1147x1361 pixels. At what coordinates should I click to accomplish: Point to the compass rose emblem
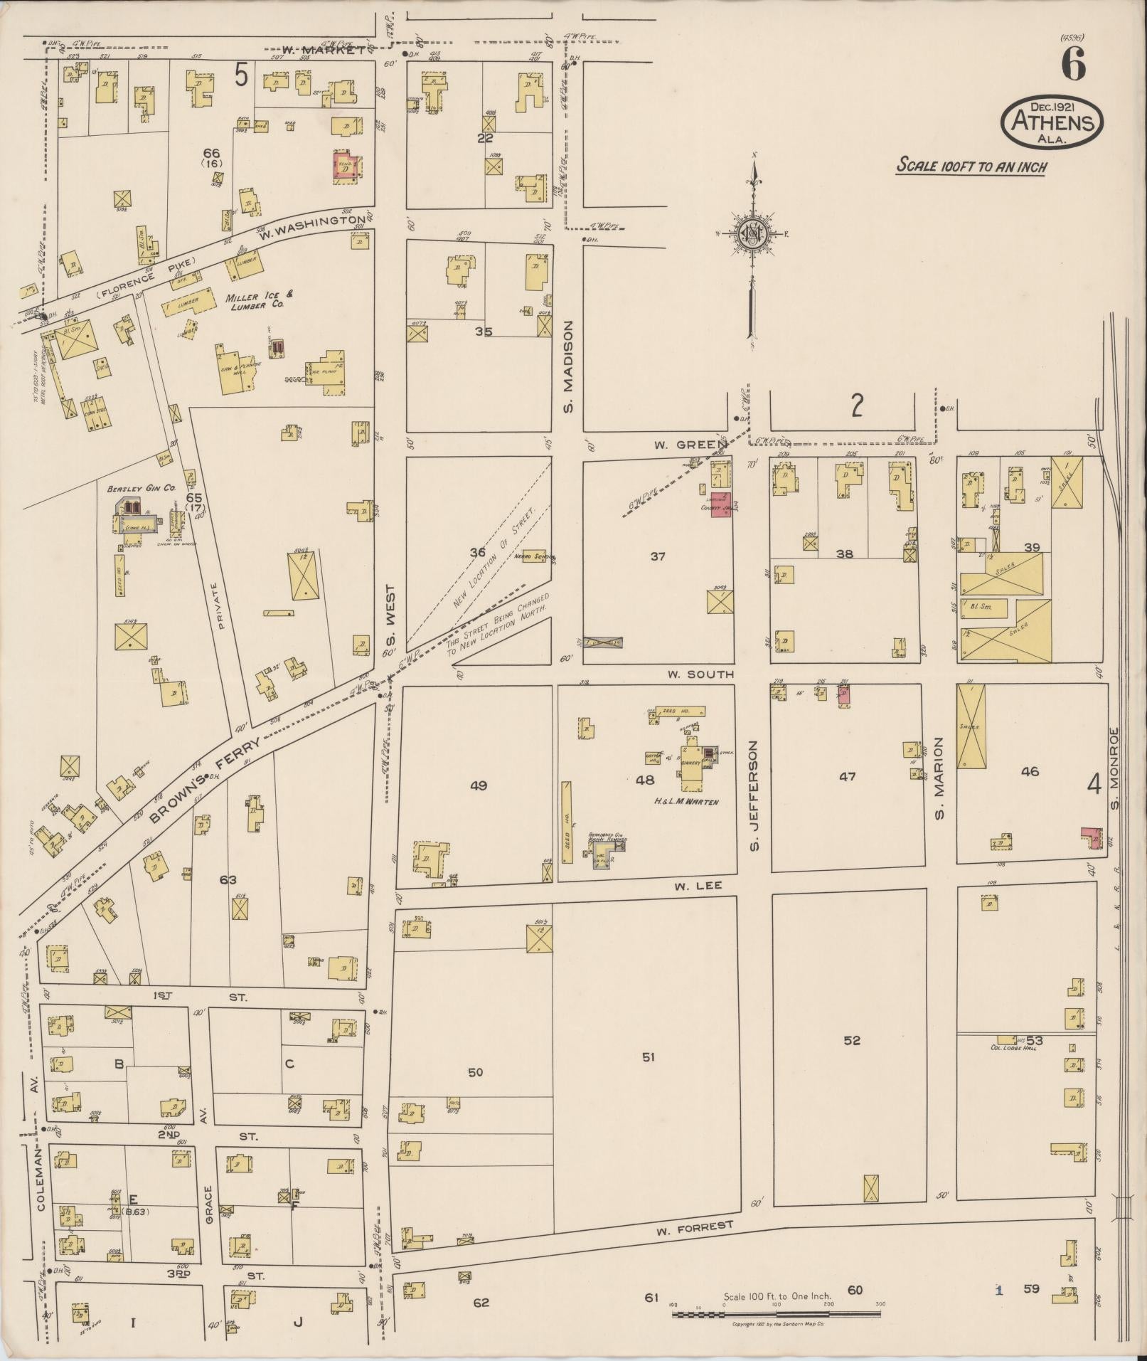click(751, 234)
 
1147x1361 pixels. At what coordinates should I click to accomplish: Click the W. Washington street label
click(314, 226)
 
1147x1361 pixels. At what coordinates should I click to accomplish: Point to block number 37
click(658, 556)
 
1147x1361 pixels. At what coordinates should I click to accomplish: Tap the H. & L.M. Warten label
click(687, 802)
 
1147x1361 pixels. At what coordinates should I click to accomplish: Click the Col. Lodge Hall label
click(1011, 1047)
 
